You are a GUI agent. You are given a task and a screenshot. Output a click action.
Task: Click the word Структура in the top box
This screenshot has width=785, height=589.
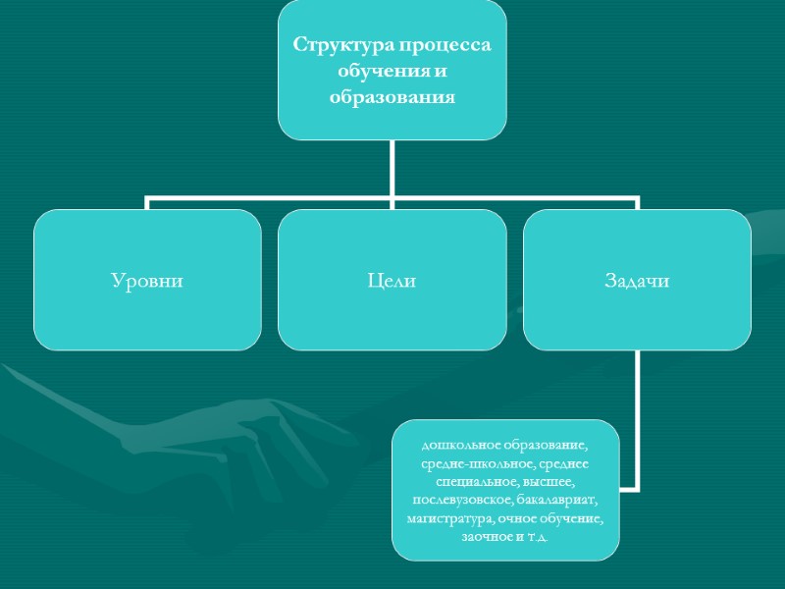(x=336, y=47)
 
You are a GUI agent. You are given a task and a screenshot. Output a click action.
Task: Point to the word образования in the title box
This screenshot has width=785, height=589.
(x=392, y=98)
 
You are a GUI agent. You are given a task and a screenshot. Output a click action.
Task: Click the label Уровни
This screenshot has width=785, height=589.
(x=147, y=282)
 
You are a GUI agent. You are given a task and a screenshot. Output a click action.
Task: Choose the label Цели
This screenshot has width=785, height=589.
(x=392, y=282)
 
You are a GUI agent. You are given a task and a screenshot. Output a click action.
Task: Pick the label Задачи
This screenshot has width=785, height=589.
(x=637, y=282)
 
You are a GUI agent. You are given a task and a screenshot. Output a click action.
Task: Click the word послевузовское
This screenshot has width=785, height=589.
(x=452, y=501)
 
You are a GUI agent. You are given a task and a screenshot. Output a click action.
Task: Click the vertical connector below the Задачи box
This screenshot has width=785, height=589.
(x=637, y=412)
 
